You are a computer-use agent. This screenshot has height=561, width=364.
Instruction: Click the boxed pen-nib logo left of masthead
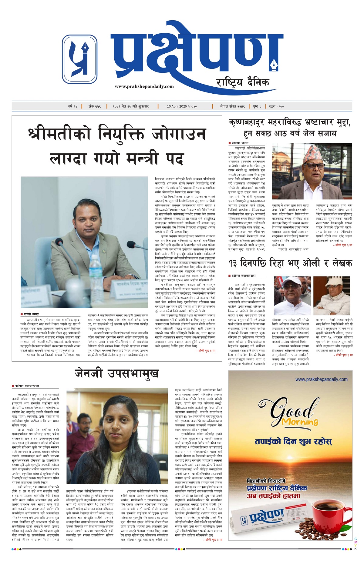80,59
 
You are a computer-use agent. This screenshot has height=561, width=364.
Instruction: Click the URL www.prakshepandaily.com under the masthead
144,86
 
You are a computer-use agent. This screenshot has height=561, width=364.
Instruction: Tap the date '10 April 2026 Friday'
182,106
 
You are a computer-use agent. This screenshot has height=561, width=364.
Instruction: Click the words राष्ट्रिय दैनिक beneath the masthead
242,82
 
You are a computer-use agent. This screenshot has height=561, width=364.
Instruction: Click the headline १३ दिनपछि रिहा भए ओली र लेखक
290,263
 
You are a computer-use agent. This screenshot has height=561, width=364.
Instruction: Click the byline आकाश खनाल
240,142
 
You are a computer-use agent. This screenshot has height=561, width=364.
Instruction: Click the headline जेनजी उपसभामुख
117,374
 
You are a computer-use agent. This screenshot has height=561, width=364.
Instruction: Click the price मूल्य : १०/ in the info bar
276,106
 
